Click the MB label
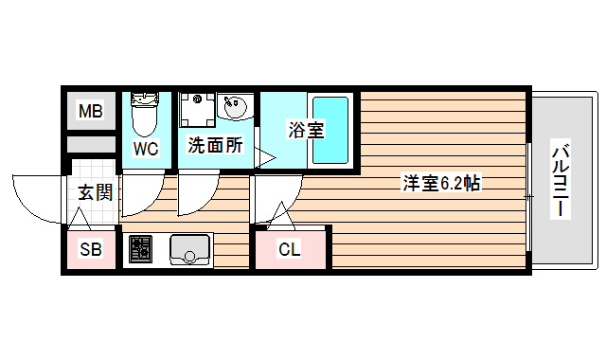90,113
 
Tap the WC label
145,148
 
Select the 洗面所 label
215,146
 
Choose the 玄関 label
95,193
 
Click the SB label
91,251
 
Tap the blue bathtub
330,130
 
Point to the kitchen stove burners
140,249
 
